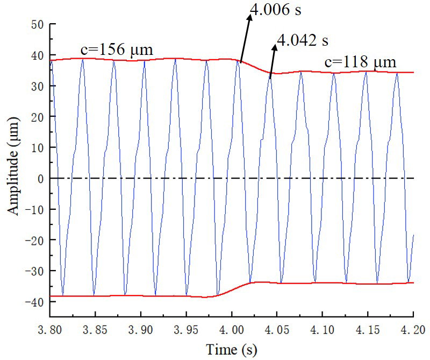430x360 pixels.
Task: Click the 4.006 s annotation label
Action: click(x=276, y=9)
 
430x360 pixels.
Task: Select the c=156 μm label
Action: click(x=117, y=50)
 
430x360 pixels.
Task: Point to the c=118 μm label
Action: click(x=360, y=62)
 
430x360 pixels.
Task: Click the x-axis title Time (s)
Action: click(x=232, y=350)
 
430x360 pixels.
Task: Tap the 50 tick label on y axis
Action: click(x=37, y=25)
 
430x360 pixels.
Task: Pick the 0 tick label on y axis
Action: click(x=39, y=178)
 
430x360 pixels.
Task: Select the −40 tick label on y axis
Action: click(x=34, y=301)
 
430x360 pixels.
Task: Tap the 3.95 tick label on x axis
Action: click(x=186, y=327)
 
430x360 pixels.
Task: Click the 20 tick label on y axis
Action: click(x=37, y=117)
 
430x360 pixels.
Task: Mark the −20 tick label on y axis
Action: click(x=34, y=240)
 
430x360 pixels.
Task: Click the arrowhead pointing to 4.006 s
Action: click(x=250, y=17)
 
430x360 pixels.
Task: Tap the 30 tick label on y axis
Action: click(x=37, y=86)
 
